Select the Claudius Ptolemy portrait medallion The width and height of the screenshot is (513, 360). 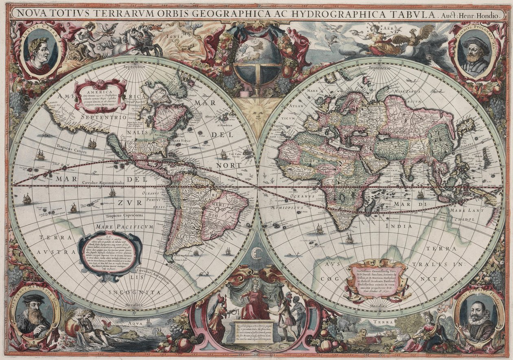pos(475,52)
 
